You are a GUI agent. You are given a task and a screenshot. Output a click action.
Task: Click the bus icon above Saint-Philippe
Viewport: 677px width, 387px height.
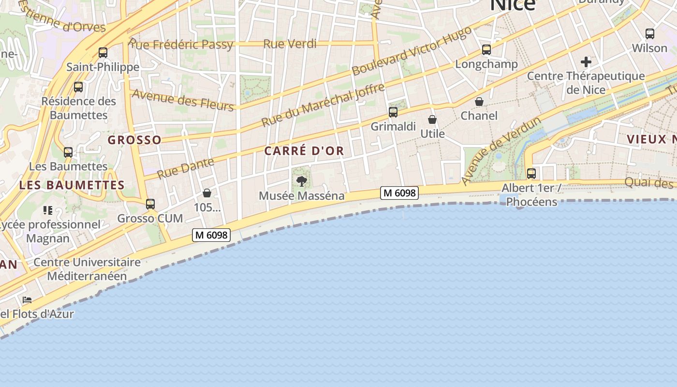click(103, 53)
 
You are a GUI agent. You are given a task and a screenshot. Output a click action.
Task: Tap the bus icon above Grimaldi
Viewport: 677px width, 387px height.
click(393, 112)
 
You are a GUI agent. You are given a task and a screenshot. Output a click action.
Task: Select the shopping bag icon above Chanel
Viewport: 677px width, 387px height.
click(479, 102)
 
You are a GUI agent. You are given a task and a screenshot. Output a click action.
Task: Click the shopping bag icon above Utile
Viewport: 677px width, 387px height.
click(432, 119)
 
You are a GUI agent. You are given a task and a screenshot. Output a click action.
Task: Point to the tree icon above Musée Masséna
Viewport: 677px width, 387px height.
click(302, 181)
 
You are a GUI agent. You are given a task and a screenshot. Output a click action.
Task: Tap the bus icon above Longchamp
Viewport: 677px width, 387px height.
click(486, 50)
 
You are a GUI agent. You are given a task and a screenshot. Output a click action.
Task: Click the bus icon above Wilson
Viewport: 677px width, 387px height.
click(650, 34)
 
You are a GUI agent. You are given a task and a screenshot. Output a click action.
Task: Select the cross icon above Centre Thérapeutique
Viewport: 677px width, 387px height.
click(586, 62)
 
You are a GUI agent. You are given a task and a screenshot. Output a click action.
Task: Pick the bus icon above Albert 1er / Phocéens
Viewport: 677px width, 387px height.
click(531, 173)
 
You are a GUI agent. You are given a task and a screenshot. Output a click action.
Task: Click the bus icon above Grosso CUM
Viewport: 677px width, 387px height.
click(150, 204)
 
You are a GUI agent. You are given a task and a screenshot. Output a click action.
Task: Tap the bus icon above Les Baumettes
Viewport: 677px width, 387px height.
click(68, 152)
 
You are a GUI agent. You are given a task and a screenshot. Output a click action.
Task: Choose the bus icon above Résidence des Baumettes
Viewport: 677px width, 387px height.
click(78, 87)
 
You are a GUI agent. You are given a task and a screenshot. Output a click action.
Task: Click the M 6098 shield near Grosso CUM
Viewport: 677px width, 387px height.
click(211, 235)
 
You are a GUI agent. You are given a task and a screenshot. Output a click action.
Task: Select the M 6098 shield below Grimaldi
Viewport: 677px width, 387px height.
click(399, 193)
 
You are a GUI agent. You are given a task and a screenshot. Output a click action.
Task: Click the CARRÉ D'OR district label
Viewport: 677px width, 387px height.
click(304, 150)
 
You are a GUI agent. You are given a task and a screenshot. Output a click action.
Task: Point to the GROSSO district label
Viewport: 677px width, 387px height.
click(134, 140)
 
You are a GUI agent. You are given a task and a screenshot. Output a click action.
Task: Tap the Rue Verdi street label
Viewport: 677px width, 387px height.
click(290, 44)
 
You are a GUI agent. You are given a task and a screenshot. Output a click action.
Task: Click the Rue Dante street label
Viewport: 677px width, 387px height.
click(186, 168)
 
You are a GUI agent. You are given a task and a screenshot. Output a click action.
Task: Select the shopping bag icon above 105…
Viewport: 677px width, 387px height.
click(207, 193)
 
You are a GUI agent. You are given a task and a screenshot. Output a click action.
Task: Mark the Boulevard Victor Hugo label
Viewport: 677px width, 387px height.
click(412, 51)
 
